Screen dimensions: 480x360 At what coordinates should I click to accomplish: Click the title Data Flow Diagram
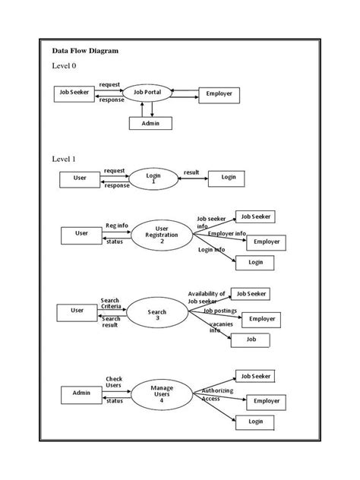click(x=85, y=51)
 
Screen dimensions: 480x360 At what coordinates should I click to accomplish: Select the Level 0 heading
click(x=64, y=66)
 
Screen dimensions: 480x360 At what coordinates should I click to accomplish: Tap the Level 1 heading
click(x=64, y=159)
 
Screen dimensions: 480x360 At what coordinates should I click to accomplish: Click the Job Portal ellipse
click(x=148, y=94)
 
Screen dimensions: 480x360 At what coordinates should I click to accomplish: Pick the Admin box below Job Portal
click(x=150, y=123)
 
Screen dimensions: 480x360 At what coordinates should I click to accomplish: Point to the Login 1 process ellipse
click(x=153, y=178)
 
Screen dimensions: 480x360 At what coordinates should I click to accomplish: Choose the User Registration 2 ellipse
click(x=161, y=235)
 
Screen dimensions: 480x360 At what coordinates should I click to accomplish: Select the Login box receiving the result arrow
click(x=228, y=178)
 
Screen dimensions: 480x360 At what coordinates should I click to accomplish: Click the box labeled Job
click(x=251, y=341)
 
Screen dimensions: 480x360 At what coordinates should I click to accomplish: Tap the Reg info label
click(x=116, y=226)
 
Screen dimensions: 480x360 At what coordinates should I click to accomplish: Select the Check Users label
click(x=114, y=382)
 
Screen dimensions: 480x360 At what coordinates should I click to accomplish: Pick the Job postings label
click(x=219, y=311)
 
